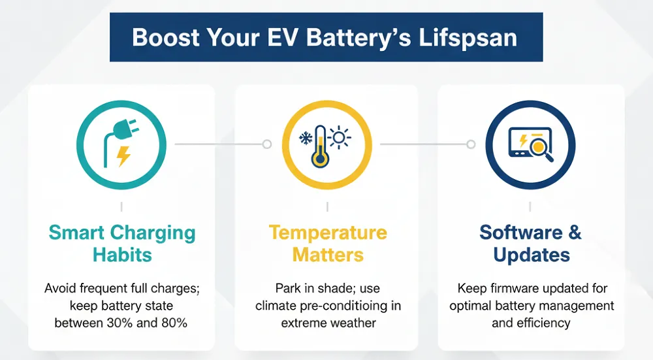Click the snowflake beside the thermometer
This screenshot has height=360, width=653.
click(305, 138)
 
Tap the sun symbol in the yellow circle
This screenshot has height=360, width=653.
click(340, 137)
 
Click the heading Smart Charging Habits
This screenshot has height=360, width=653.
click(122, 243)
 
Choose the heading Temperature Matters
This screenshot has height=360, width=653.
click(327, 243)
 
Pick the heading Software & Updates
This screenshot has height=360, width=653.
click(530, 243)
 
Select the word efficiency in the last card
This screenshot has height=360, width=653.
click(541, 323)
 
